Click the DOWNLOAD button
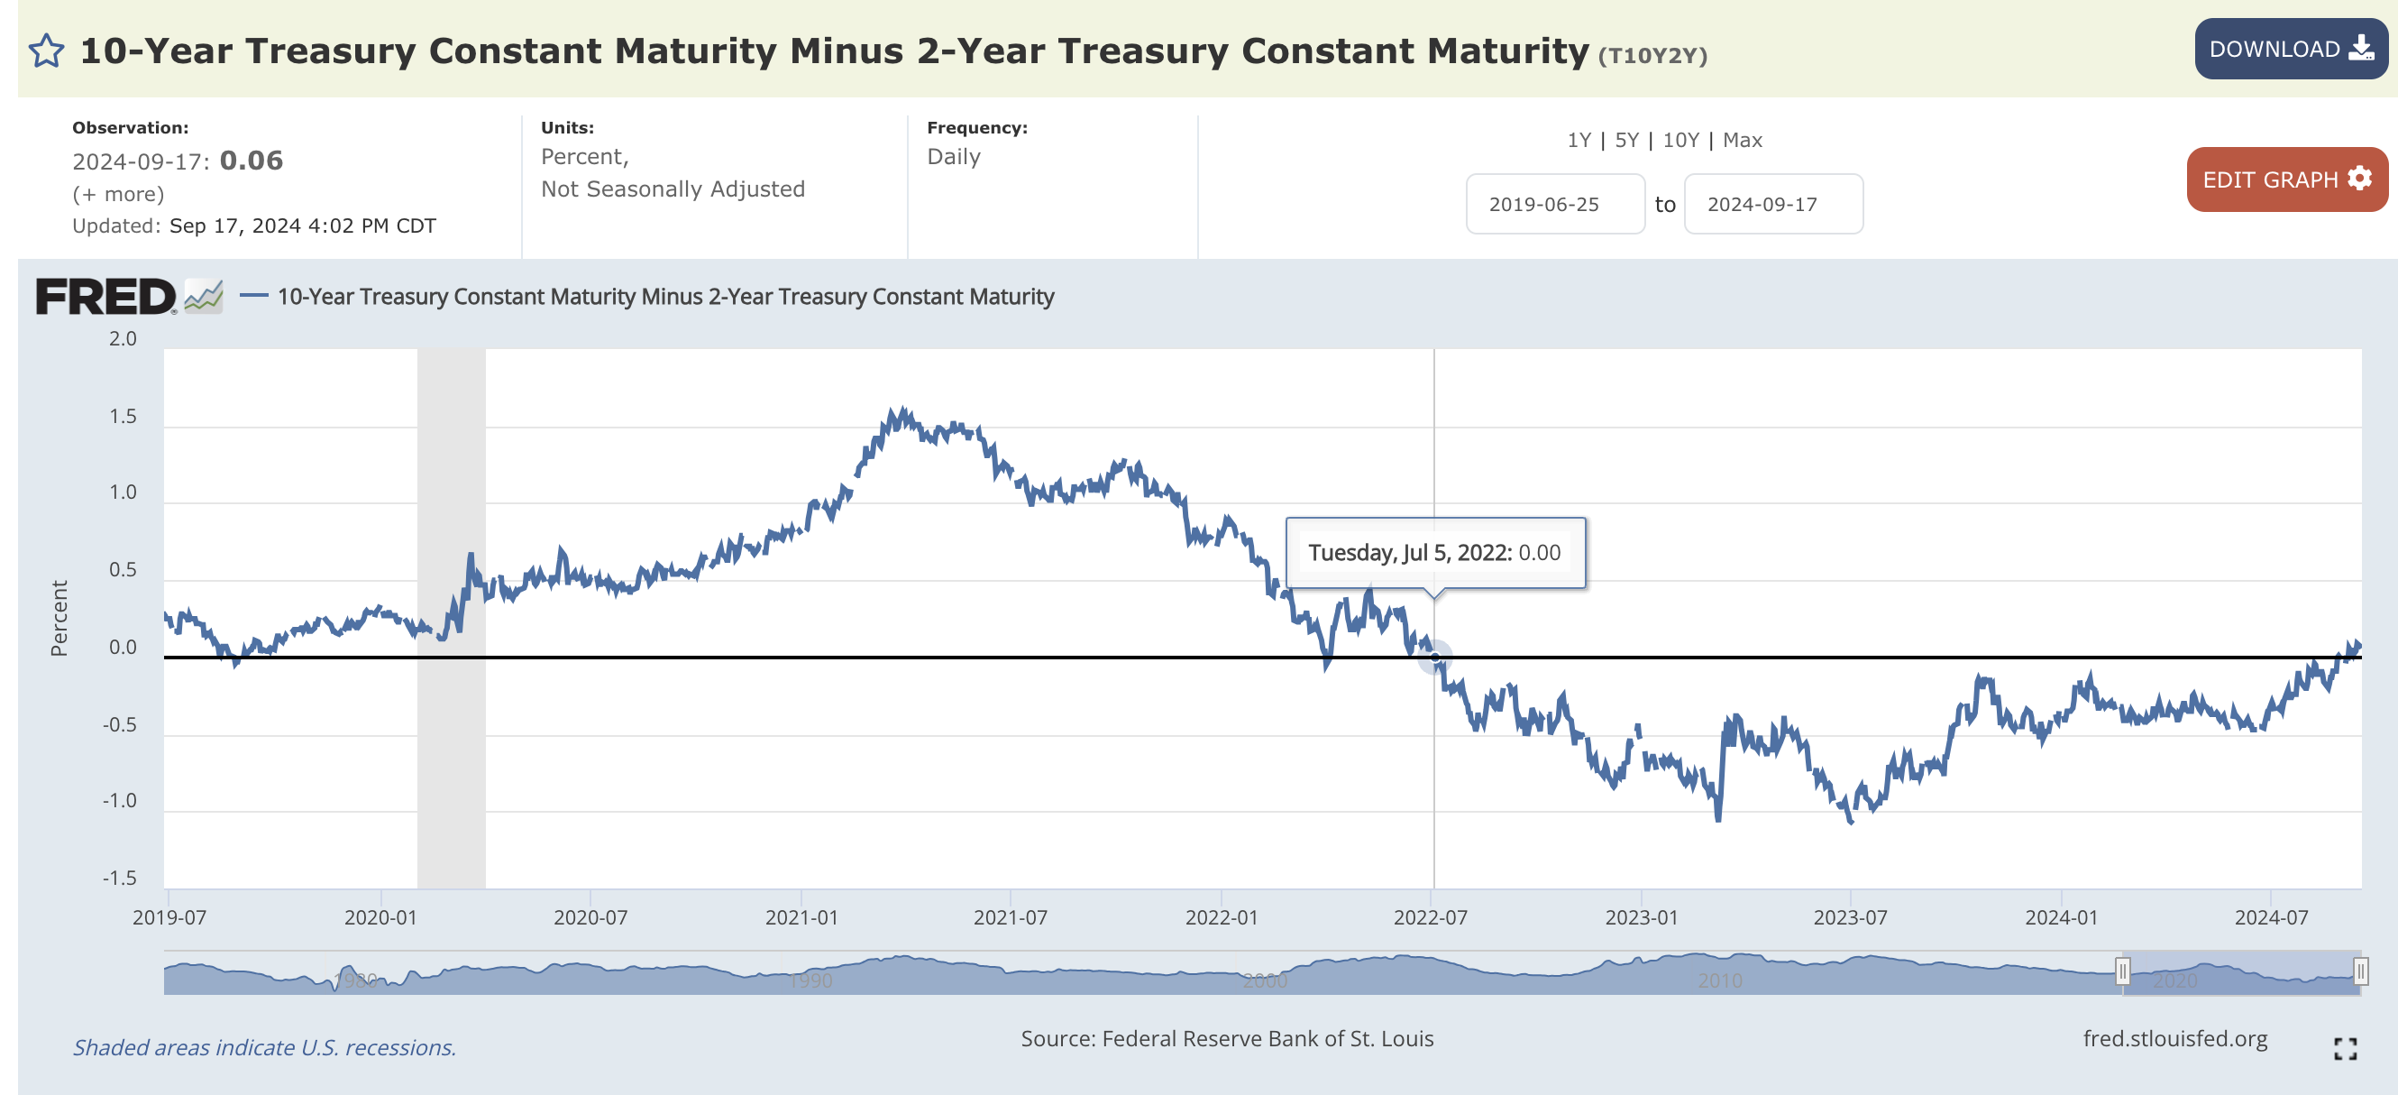[x=2290, y=50]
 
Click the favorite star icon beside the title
[x=47, y=51]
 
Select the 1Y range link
[x=1579, y=141]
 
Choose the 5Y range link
[x=1626, y=141]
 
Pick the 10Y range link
[x=1680, y=141]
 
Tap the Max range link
[x=1742, y=141]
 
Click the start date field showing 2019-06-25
[x=1554, y=204]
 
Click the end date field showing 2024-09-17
[x=1772, y=204]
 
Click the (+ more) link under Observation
[x=118, y=194]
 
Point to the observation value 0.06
[x=252, y=161]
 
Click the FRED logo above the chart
[x=106, y=297]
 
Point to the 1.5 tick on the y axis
[x=123, y=416]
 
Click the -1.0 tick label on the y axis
[x=120, y=801]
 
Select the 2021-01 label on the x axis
[x=801, y=917]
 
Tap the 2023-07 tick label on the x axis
[x=1850, y=917]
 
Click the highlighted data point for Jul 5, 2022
[x=1434, y=658]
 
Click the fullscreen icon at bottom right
[x=2345, y=1048]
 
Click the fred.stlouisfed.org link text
[x=2174, y=1038]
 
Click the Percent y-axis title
[x=59, y=618]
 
